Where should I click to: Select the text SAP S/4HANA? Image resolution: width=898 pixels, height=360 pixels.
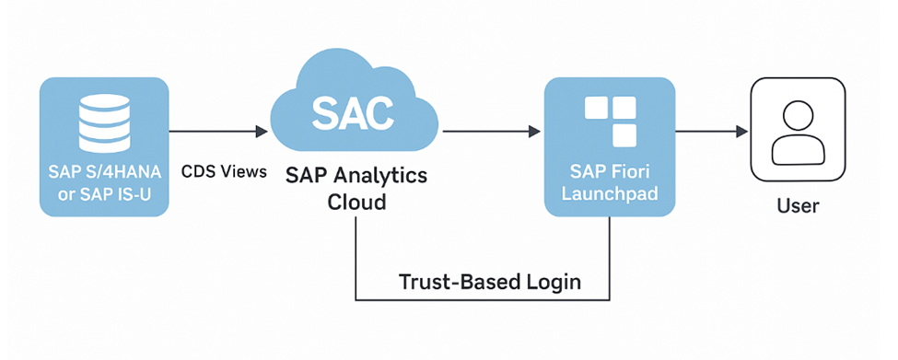pyautogui.click(x=104, y=171)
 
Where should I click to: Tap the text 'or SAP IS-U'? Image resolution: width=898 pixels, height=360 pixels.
pyautogui.click(x=104, y=193)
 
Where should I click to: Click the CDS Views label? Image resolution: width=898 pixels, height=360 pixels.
pyautogui.click(x=224, y=171)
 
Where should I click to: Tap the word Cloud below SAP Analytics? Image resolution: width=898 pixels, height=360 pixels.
pyautogui.click(x=356, y=202)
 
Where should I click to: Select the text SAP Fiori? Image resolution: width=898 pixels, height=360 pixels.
pyautogui.click(x=609, y=171)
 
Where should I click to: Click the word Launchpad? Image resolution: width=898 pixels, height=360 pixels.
pyautogui.click(x=609, y=194)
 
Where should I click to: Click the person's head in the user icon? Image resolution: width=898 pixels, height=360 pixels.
pyautogui.click(x=797, y=116)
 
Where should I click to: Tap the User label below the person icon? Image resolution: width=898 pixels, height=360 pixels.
pyautogui.click(x=797, y=206)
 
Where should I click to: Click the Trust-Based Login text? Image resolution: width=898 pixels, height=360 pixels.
pyautogui.click(x=489, y=282)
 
